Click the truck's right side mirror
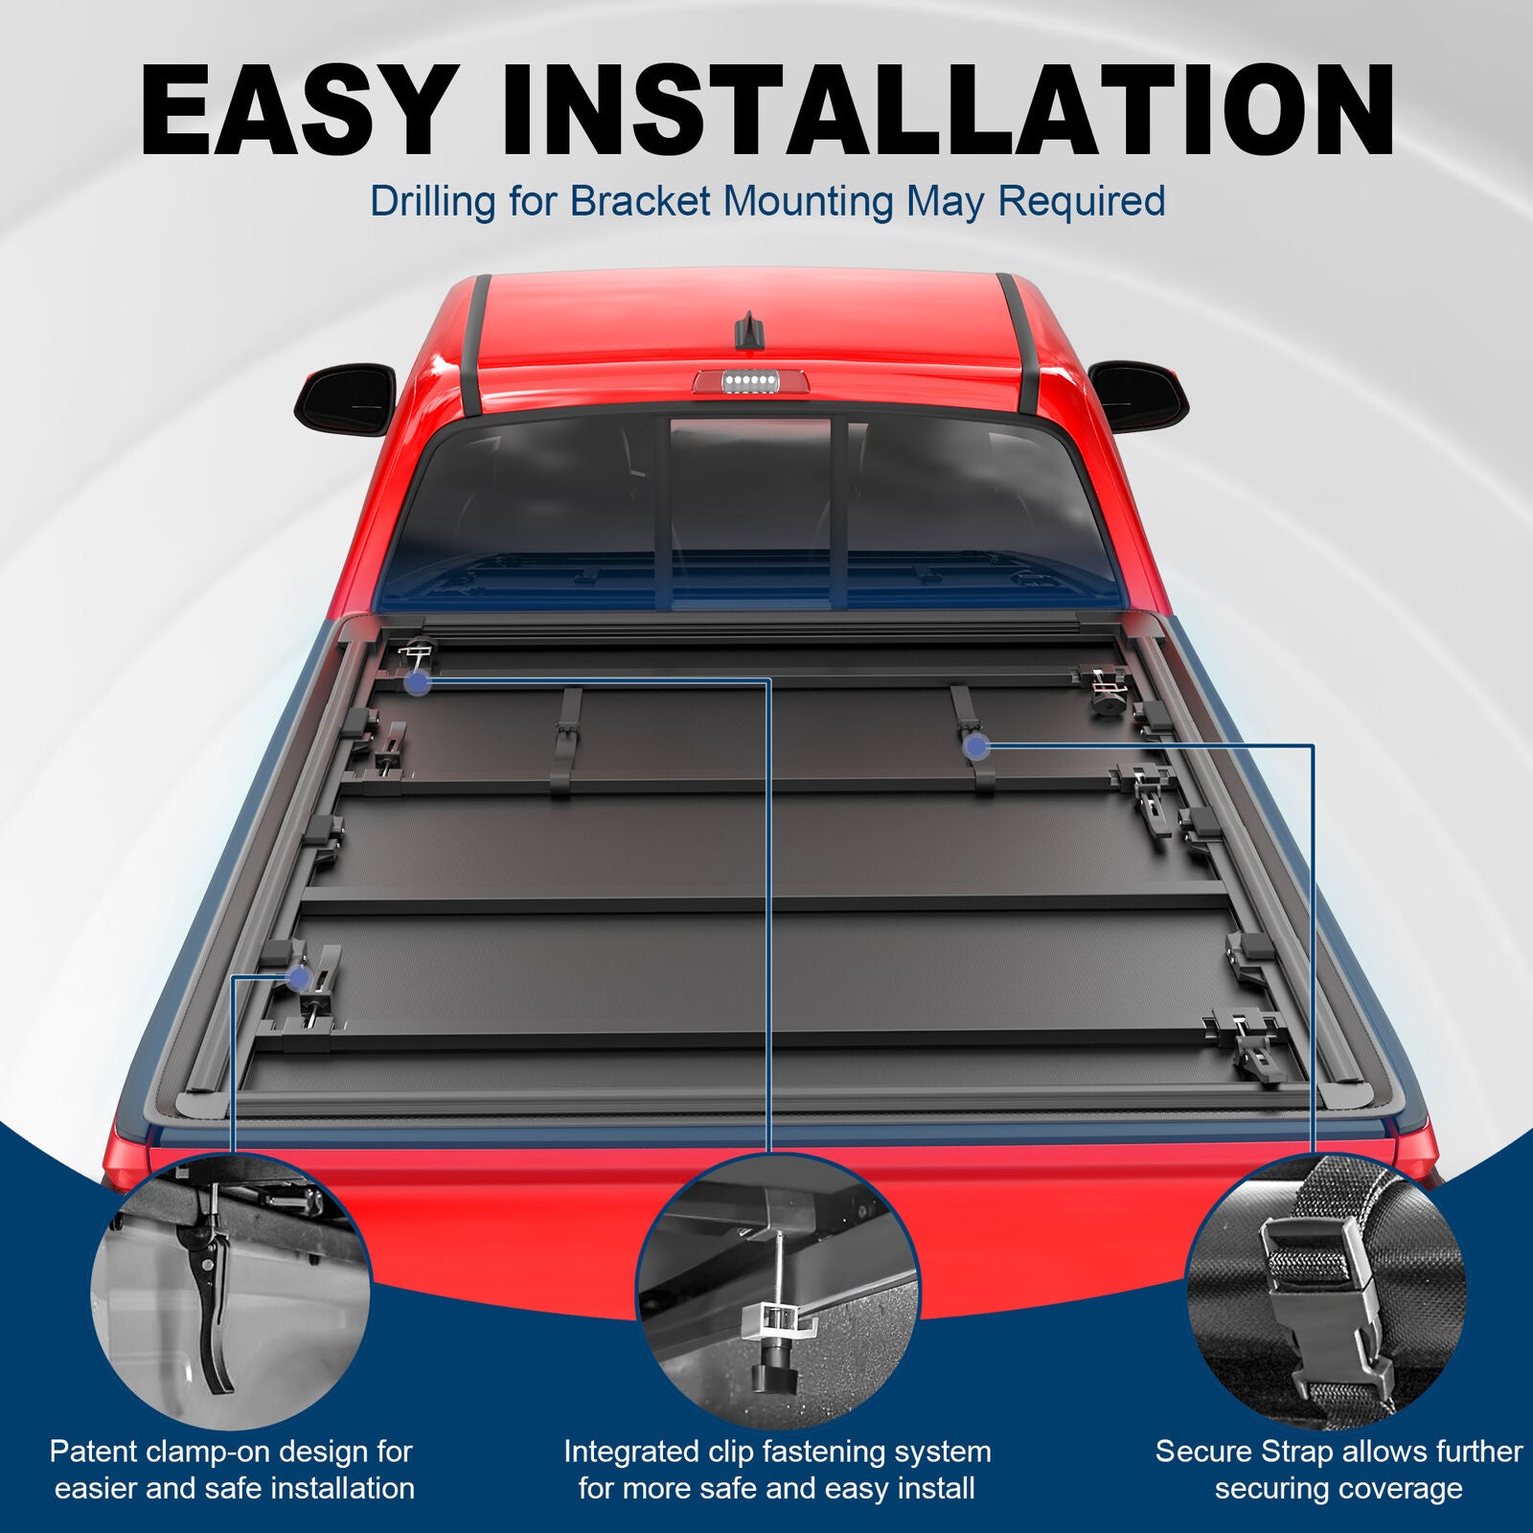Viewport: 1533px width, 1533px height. tap(1138, 395)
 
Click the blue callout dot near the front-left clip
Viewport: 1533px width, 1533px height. tap(417, 683)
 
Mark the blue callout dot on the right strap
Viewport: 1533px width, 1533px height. tap(975, 747)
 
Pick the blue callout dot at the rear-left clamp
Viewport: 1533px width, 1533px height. tap(299, 978)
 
